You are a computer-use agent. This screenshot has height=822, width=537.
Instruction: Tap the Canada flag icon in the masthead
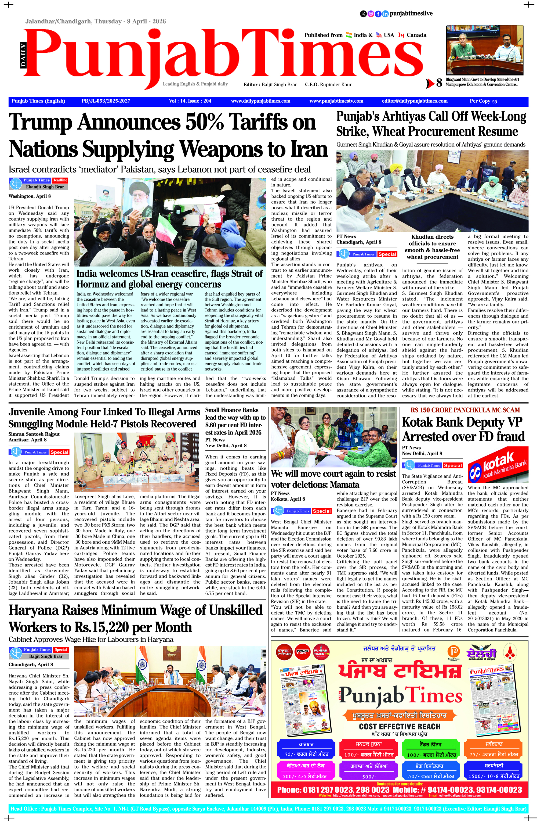pos(401,35)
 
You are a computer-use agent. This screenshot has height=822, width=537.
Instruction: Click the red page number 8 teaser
pos(439,83)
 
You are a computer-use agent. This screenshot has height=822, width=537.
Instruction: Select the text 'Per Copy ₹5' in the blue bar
pos(483,101)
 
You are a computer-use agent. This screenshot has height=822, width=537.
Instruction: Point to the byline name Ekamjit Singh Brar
pos(45,187)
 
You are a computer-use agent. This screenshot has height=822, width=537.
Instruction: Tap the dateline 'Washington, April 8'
pos(30,196)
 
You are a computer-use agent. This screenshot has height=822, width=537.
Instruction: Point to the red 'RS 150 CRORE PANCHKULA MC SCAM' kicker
pos(465,410)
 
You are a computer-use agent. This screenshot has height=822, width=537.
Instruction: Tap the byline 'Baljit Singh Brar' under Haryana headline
pos(46,656)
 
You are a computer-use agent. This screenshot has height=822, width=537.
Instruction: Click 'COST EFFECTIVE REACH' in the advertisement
pos(400,726)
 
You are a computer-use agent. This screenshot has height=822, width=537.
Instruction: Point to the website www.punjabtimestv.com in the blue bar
pos(336,101)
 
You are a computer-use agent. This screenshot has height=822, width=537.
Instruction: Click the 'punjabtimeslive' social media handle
pos(411,13)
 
